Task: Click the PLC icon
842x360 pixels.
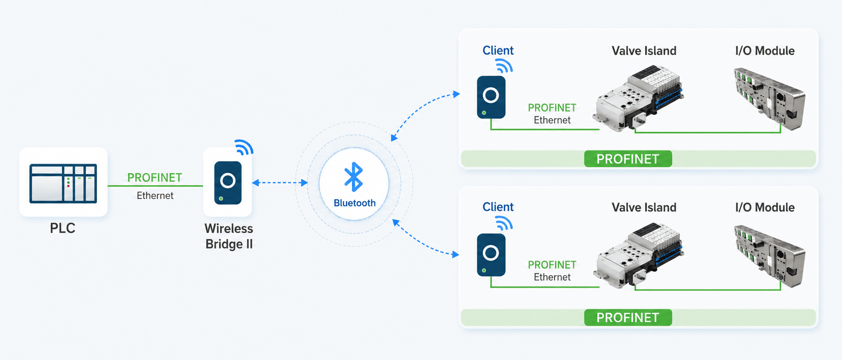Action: (63, 184)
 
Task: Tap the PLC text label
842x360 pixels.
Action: (63, 228)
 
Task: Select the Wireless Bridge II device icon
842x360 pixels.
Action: (228, 183)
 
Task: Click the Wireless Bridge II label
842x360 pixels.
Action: (229, 236)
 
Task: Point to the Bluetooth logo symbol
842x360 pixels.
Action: (354, 177)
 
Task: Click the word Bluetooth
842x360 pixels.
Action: (355, 203)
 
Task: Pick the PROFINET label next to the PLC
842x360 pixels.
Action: (154, 178)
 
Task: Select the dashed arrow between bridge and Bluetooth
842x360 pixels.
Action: (280, 183)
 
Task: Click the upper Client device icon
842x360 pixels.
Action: (491, 97)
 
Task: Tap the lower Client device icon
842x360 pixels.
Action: (491, 255)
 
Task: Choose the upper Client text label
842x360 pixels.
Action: (498, 50)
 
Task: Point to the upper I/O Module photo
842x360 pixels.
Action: (770, 98)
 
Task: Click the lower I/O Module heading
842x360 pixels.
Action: (765, 207)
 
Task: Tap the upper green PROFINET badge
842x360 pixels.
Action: (628, 159)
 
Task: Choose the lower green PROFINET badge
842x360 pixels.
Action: (628, 317)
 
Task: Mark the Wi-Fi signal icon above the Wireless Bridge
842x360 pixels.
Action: (244, 148)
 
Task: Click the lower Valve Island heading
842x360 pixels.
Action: (644, 207)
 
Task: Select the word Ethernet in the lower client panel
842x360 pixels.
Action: (552, 277)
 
